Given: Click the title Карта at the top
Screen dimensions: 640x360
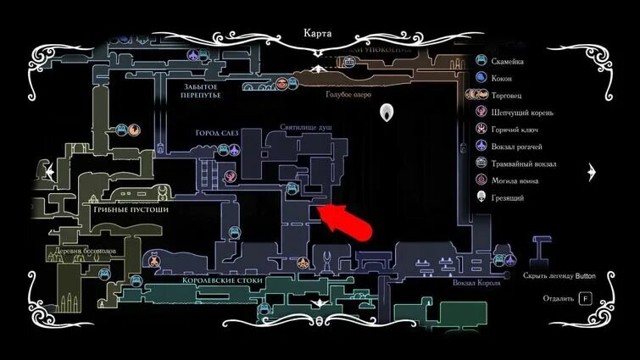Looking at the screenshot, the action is point(319,34).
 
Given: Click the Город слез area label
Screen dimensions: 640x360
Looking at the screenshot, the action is point(218,134).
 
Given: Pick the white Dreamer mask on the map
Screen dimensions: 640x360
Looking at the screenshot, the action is point(388,112).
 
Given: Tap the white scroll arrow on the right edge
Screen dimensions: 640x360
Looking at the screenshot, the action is point(593,171).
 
